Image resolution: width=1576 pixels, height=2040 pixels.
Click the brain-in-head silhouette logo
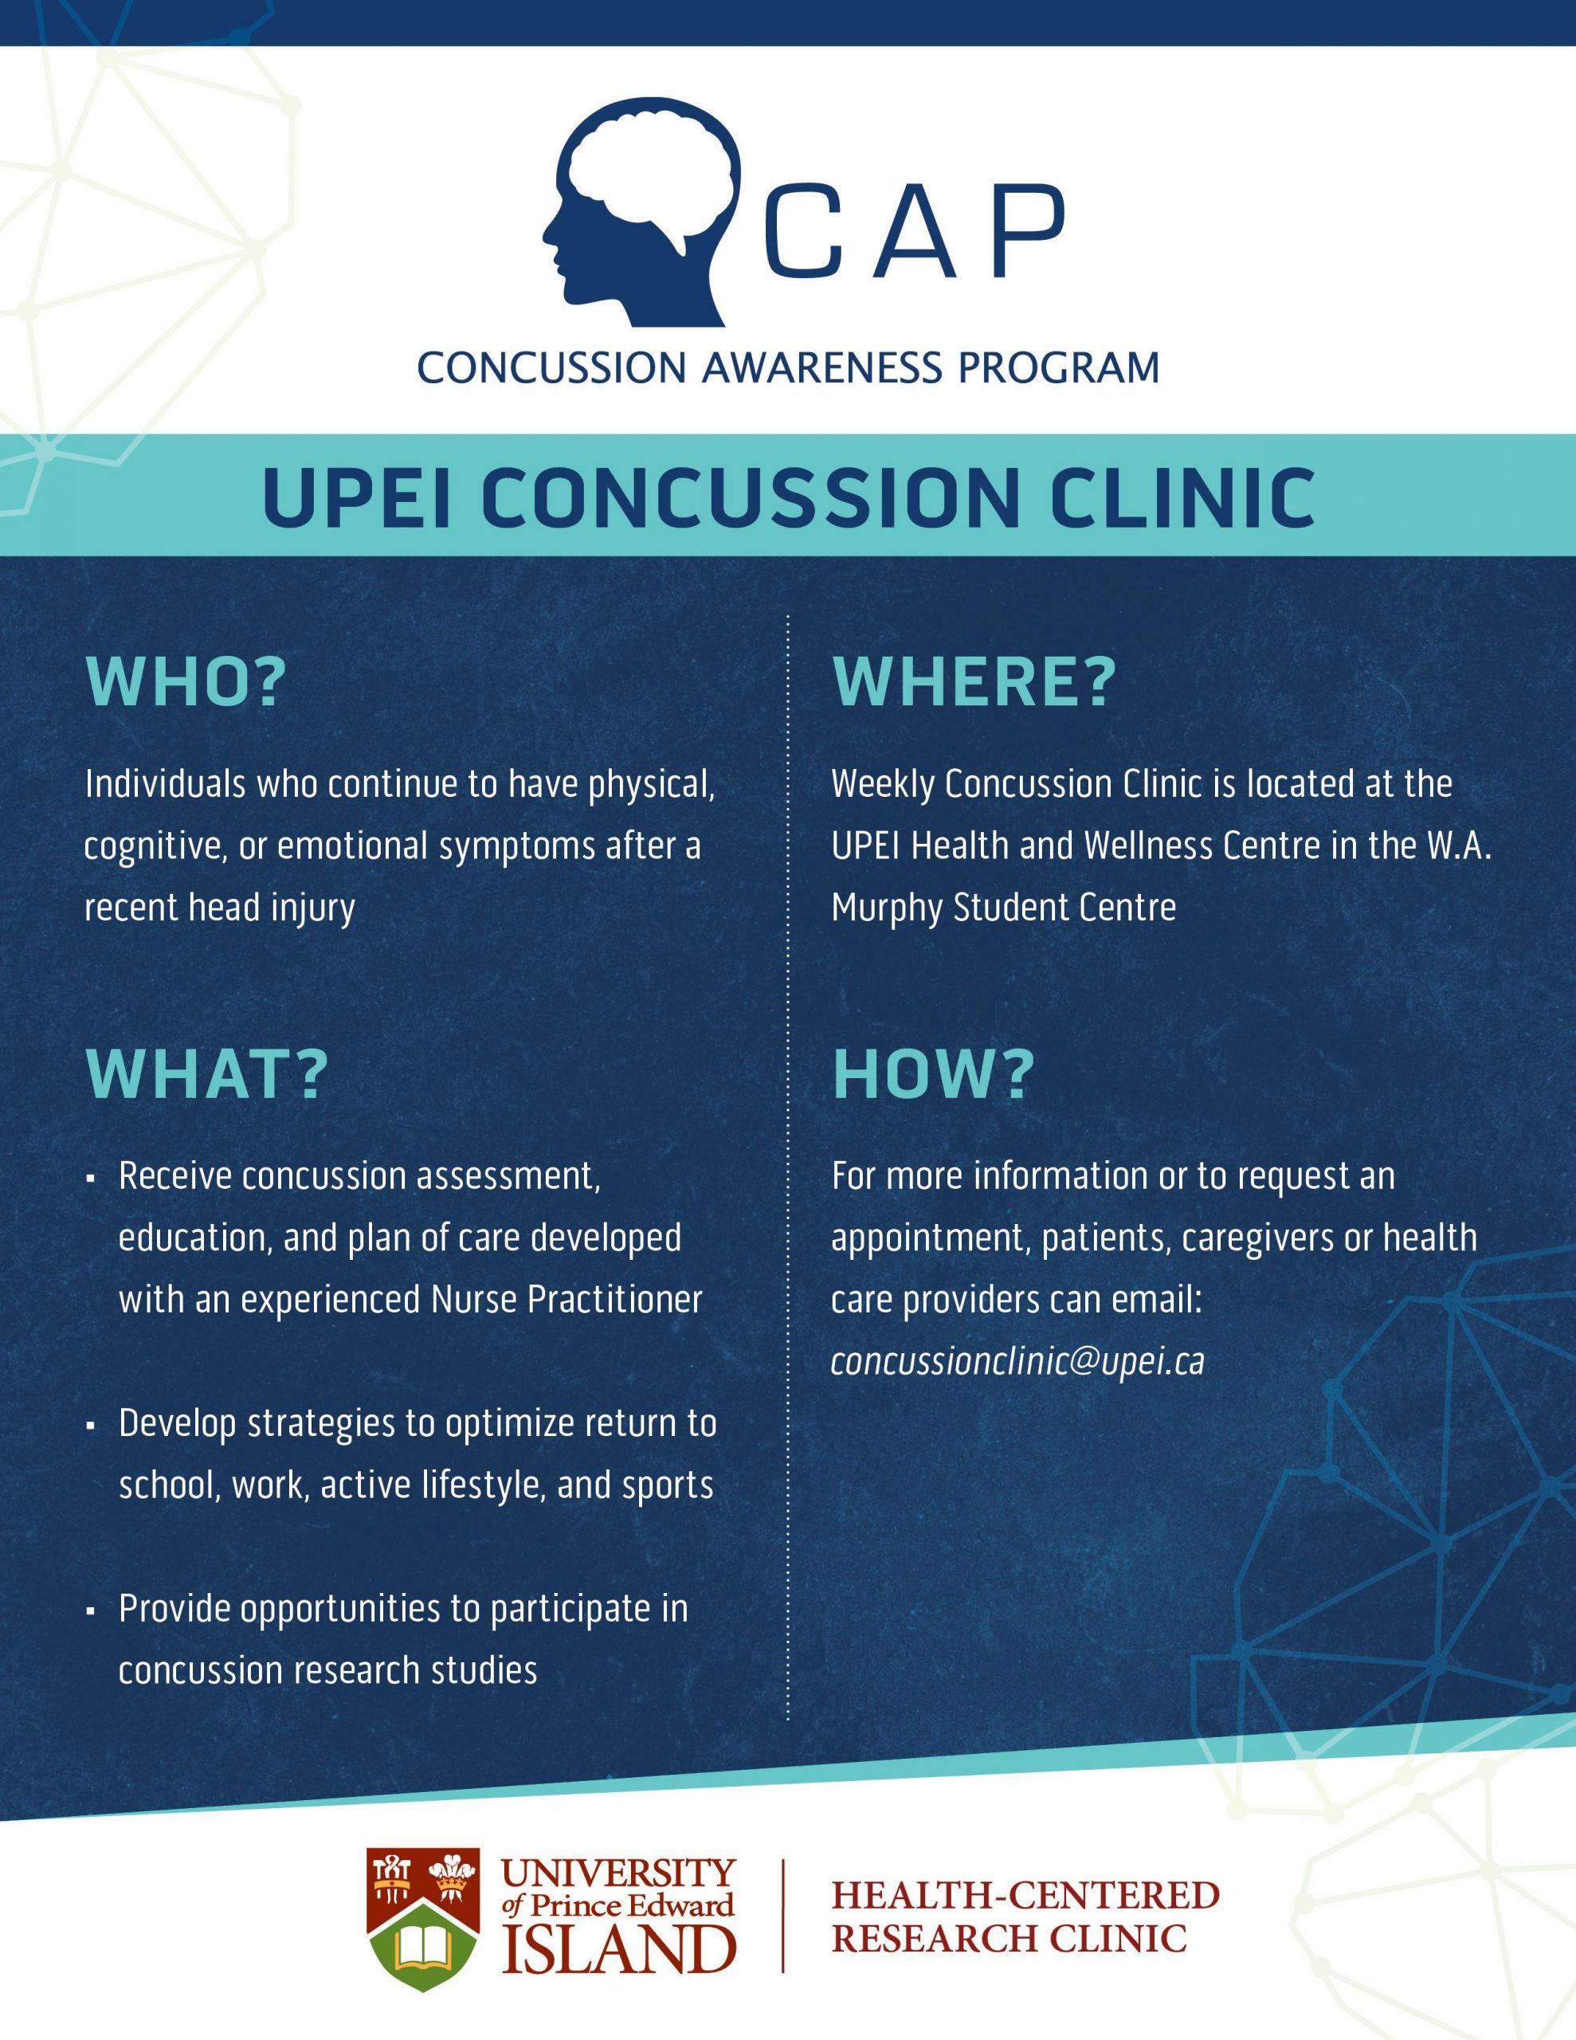tap(643, 211)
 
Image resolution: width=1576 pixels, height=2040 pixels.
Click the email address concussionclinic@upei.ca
tap(1017, 1361)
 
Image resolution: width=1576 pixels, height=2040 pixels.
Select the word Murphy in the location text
tap(887, 908)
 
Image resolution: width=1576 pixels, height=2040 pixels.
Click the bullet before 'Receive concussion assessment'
tap(91, 1179)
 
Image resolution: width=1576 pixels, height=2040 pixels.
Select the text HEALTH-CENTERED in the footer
tap(1025, 1896)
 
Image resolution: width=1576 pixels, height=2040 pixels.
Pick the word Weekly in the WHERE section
tap(882, 783)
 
